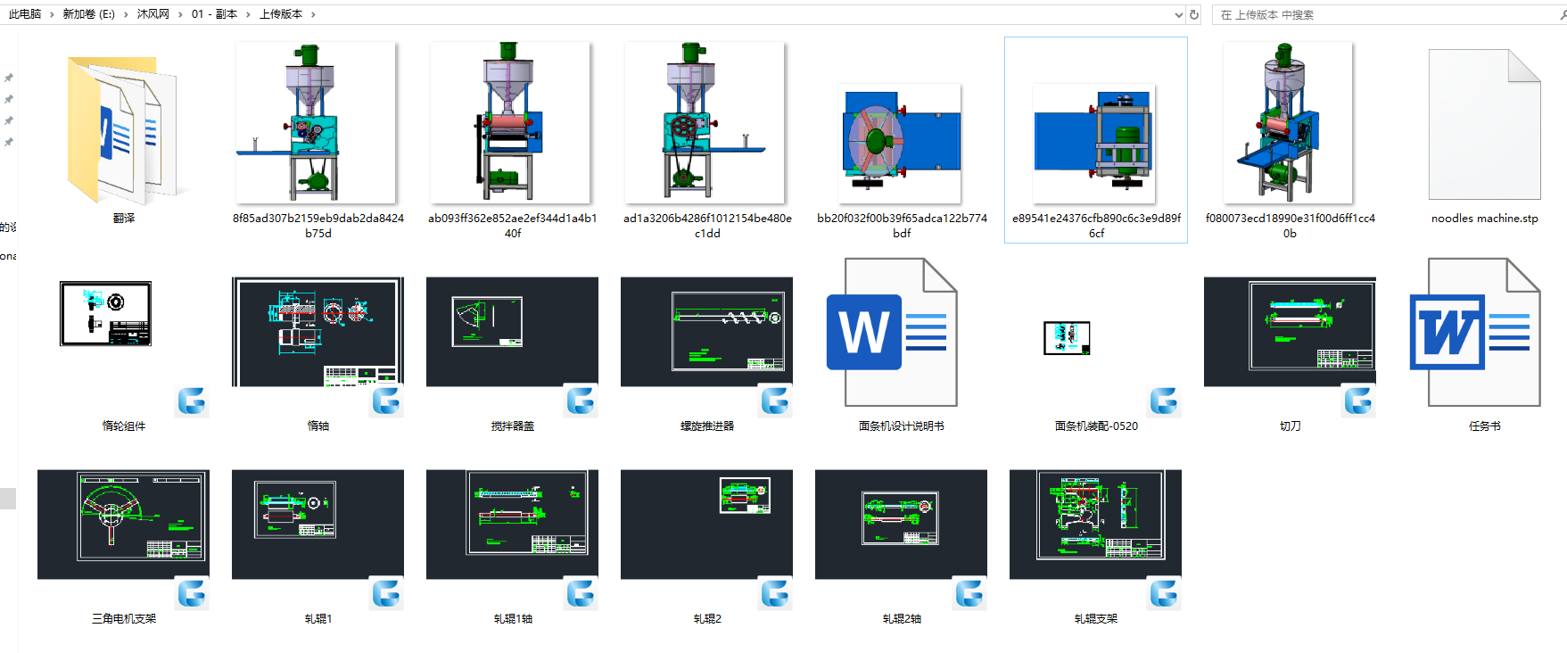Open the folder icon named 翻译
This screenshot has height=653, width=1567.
tap(123, 129)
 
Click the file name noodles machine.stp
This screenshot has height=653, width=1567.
tap(1484, 219)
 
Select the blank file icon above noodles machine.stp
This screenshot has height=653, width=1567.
tap(1484, 125)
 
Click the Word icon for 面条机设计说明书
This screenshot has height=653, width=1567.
tap(892, 332)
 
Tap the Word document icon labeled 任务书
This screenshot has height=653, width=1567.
tap(1475, 332)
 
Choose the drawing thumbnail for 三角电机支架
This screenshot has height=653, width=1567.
tap(123, 524)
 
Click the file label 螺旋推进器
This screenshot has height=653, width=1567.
tap(707, 426)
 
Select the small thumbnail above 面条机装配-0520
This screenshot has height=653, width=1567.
tap(1067, 338)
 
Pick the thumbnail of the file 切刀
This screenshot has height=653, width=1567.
tap(1290, 332)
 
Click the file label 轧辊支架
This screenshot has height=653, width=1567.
tap(1096, 619)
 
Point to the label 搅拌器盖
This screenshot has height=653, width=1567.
tap(513, 426)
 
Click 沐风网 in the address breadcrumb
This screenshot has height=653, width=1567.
tap(153, 14)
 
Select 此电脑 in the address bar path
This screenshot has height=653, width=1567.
tap(25, 14)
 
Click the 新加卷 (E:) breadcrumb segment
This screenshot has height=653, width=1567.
tap(88, 14)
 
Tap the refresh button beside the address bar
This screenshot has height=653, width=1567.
tap(1194, 14)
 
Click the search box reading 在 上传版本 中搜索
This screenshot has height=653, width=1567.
tap(1382, 15)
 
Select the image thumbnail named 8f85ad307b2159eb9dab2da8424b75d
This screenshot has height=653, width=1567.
tap(316, 123)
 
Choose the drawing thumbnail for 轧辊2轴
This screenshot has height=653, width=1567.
tap(901, 524)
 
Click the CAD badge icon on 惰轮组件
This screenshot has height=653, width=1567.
tap(192, 401)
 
